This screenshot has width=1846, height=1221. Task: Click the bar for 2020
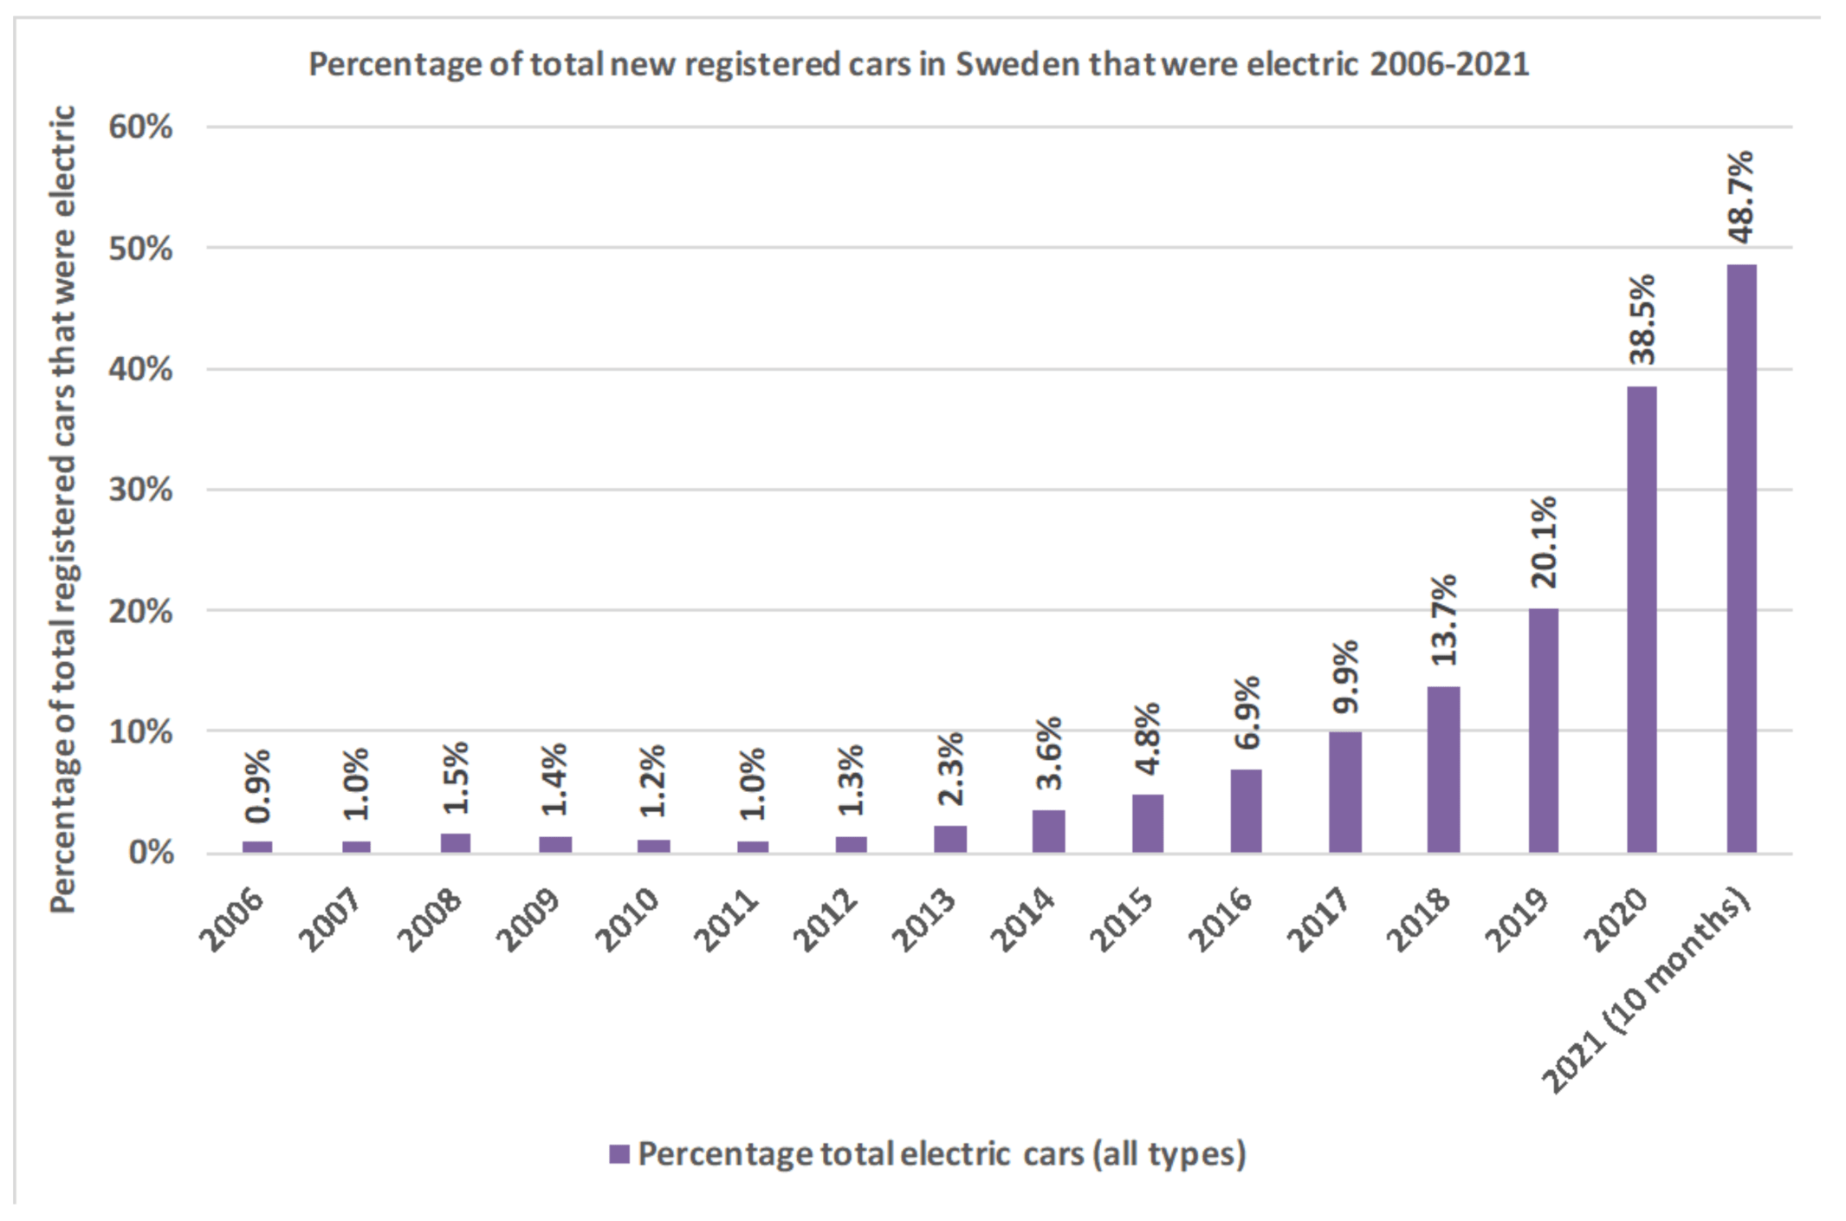coord(1642,619)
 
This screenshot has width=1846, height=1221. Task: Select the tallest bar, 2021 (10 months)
coord(1741,558)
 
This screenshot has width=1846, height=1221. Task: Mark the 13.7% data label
coord(1444,620)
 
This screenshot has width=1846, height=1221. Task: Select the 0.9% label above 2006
coord(257,785)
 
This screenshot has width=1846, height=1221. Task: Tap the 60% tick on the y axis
coord(140,127)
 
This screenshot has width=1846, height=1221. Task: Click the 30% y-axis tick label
coord(140,490)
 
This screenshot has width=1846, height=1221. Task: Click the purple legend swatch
coord(619,1153)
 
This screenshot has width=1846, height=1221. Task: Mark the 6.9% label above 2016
coord(1246,712)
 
